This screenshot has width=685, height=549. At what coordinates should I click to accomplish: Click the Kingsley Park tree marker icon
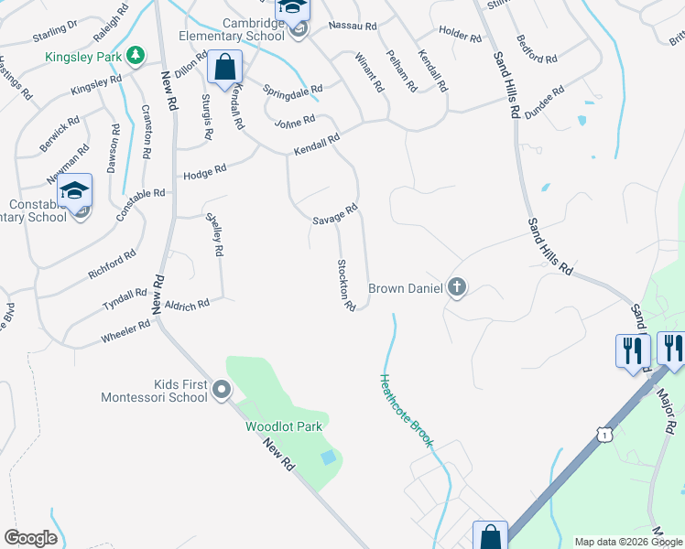pyautogui.click(x=136, y=56)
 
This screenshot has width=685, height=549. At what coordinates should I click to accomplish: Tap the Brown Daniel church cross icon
pyautogui.click(x=456, y=288)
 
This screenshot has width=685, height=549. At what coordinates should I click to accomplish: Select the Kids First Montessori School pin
pyautogui.click(x=221, y=391)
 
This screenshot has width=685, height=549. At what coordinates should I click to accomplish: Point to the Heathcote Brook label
pyautogui.click(x=407, y=410)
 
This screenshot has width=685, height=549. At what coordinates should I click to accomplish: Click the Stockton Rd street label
pyautogui.click(x=345, y=284)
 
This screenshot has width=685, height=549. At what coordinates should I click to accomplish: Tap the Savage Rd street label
pyautogui.click(x=333, y=215)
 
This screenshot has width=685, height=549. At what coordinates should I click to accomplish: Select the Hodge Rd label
pyautogui.click(x=204, y=172)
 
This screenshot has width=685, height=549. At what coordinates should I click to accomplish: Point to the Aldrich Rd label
pyautogui.click(x=188, y=305)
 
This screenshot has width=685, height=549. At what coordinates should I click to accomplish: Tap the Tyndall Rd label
pyautogui.click(x=125, y=298)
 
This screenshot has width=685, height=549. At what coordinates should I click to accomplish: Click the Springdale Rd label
pyautogui.click(x=292, y=91)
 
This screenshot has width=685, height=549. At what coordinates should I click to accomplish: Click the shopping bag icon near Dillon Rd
pyautogui.click(x=224, y=67)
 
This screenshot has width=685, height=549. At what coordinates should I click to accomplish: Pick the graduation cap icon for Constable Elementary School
pyautogui.click(x=75, y=190)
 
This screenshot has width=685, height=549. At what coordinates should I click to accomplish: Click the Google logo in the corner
pyautogui.click(x=30, y=538)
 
